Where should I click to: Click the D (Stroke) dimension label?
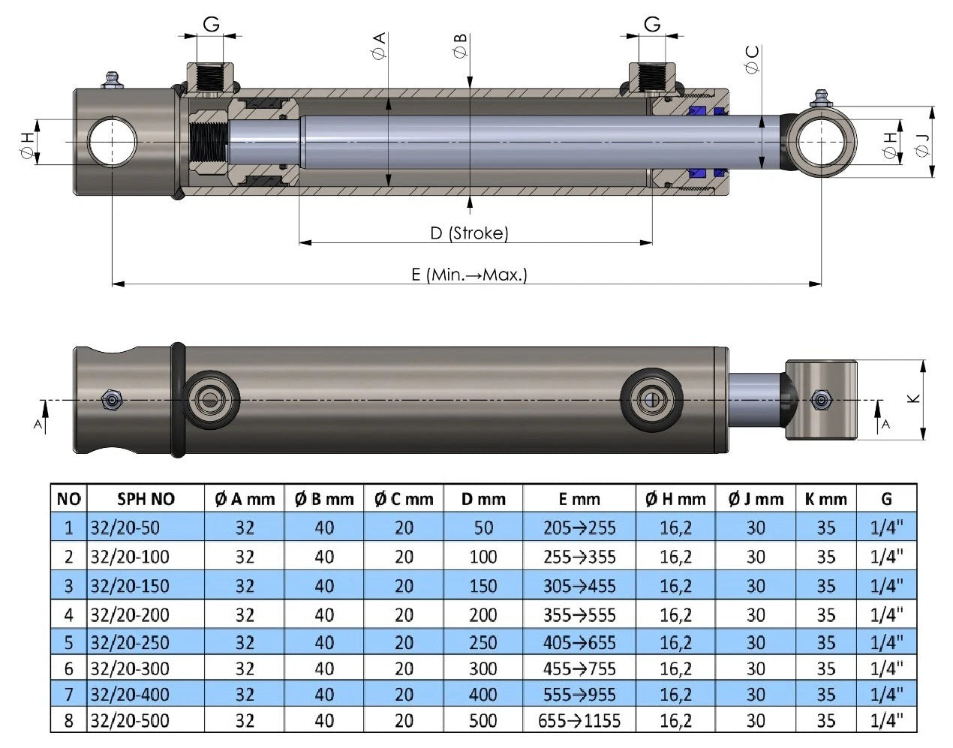470,233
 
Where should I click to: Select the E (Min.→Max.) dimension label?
470,275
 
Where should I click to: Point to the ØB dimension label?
460,46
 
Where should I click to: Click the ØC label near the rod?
752,59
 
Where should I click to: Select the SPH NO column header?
146,499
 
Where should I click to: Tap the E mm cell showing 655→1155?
579,721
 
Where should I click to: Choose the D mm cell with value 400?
483,694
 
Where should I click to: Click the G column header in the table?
886,499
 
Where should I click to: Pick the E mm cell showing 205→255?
579,528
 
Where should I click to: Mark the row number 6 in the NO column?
69,668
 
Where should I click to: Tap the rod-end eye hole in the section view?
822,142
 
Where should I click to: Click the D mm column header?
483,499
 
